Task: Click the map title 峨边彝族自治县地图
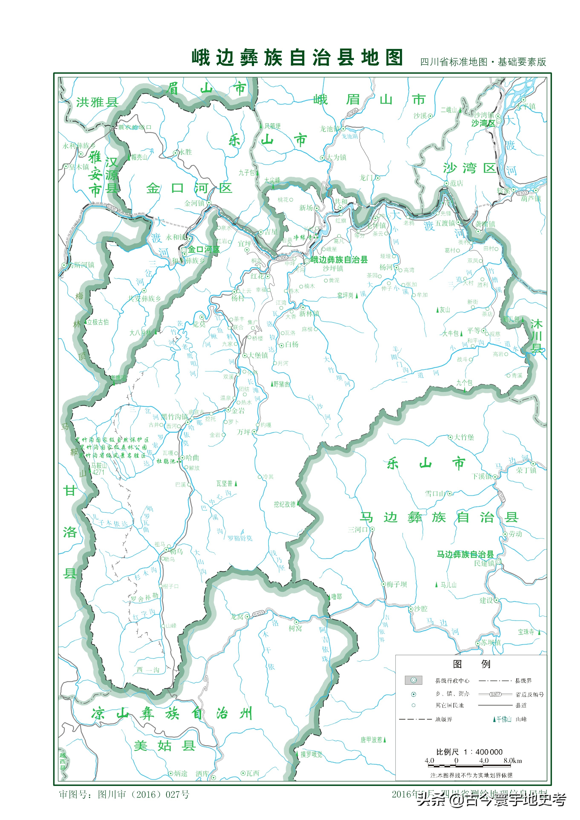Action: (x=297, y=58)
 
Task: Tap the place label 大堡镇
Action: (x=258, y=355)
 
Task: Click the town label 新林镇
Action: (x=309, y=314)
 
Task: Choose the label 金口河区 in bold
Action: (x=204, y=249)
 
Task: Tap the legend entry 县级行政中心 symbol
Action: (x=413, y=680)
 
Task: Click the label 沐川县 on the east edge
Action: (x=536, y=336)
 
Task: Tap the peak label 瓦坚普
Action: (x=224, y=483)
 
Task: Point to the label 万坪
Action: (x=244, y=432)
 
